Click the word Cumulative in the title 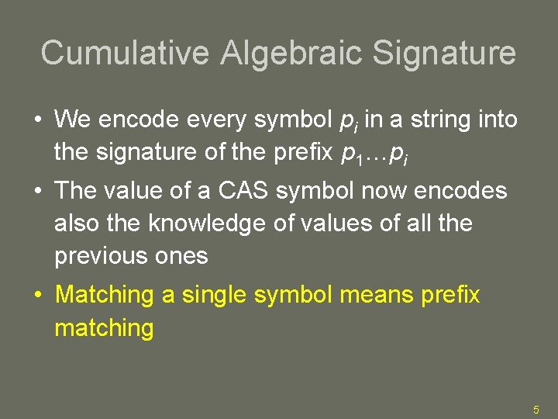[125, 53]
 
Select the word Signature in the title [445, 53]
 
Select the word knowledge [204, 223]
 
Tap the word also [74, 223]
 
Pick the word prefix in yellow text [452, 295]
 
